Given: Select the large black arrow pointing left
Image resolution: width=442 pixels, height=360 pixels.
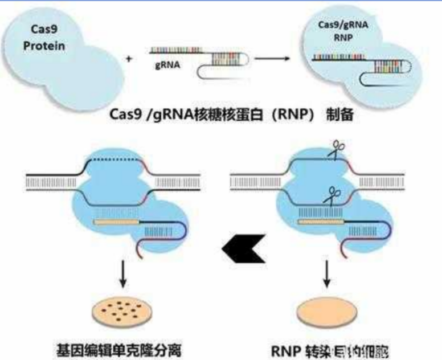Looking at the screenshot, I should [x=243, y=247].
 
